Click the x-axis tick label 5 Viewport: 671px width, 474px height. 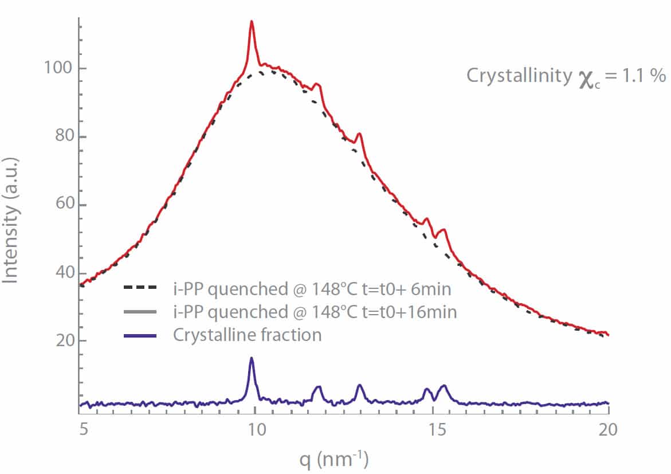tap(84, 428)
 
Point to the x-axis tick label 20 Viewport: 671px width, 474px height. tap(609, 428)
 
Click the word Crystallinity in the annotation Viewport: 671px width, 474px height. tap(519, 76)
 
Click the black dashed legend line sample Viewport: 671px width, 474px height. tap(140, 290)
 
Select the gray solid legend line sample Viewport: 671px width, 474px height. tap(140, 312)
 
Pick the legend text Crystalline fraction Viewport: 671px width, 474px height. tap(247, 335)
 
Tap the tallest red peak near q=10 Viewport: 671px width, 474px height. tap(251, 22)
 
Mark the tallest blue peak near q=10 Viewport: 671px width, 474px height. tap(251, 358)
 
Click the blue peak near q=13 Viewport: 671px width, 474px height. tap(360, 385)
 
